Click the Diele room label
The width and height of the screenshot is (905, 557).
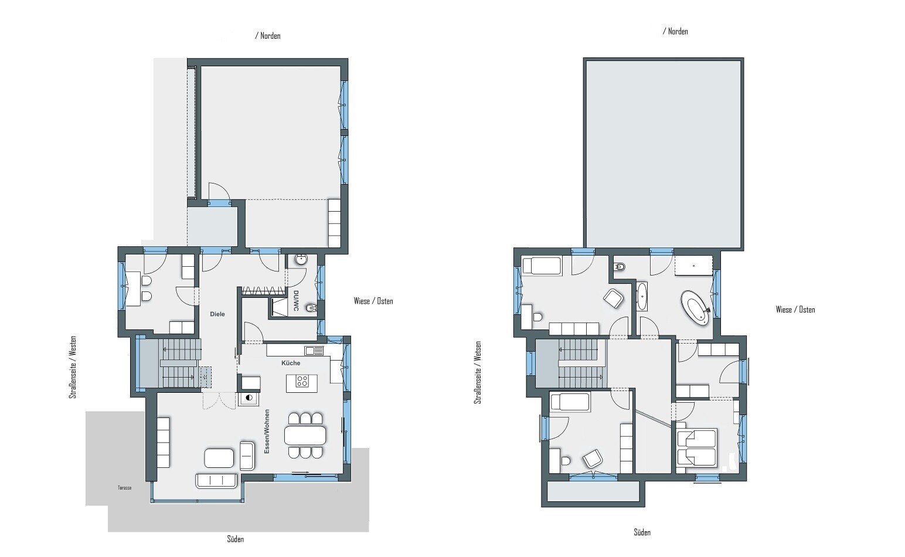point(217,314)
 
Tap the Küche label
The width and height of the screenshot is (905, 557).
point(291,363)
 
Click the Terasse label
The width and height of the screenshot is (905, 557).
point(124,488)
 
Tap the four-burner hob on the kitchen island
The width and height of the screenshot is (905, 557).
point(302,381)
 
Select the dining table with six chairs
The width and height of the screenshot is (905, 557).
point(305,435)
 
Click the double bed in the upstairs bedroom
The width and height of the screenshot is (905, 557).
point(696,447)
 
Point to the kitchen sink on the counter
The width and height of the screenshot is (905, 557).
point(314,351)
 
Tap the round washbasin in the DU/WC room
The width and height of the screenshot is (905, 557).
point(301,260)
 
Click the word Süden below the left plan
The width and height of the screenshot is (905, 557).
point(235,539)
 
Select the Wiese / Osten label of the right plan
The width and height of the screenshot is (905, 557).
point(795,310)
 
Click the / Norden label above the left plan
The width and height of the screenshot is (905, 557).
point(268,36)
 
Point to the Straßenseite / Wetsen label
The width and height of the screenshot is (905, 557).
point(478,373)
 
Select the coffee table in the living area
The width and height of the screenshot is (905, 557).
point(219,458)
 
